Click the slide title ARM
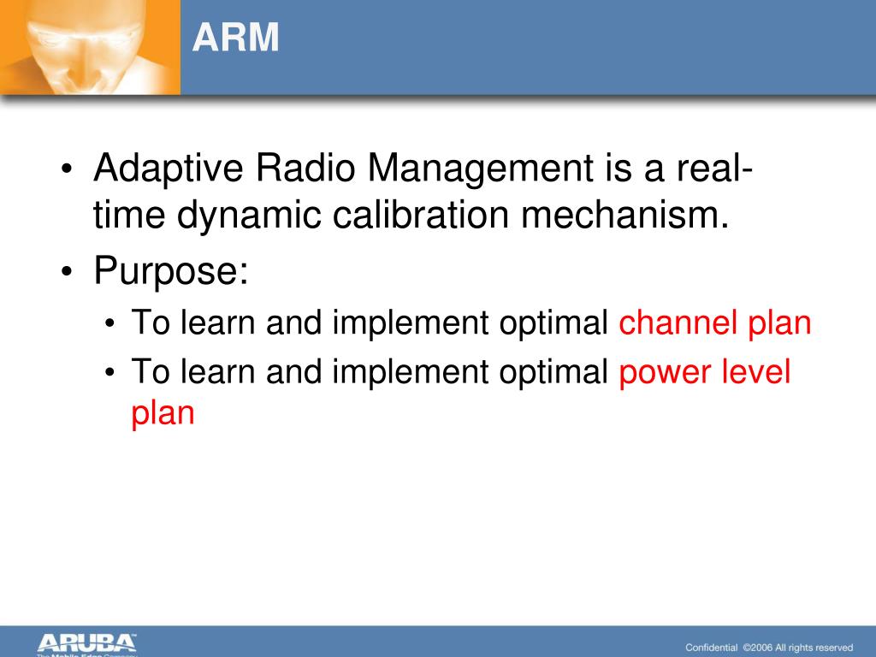pos(235,38)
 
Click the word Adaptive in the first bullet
pos(169,169)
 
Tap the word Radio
pos(305,167)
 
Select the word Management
pos(481,169)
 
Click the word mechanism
pos(625,215)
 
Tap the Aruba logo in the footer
pos(86,644)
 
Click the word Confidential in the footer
pos(711,648)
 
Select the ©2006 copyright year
pos(758,648)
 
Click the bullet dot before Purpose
pos(67,271)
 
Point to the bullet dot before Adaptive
pos(67,169)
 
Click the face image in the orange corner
pos(89,46)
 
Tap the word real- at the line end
pos(715,167)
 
